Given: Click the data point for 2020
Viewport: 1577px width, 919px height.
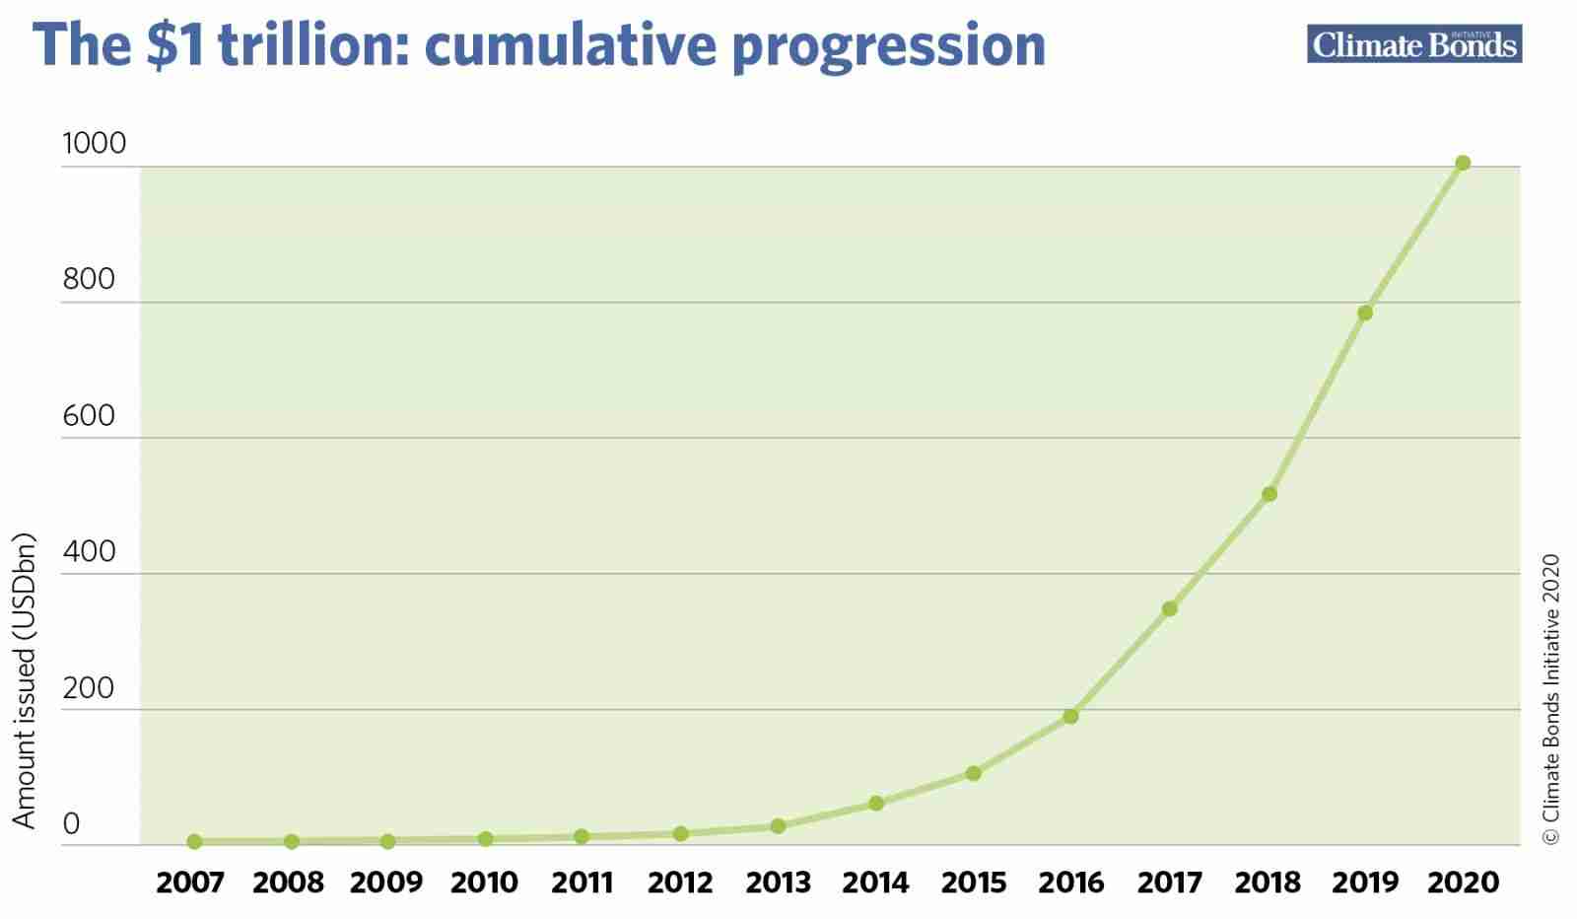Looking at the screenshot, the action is [x=1463, y=164].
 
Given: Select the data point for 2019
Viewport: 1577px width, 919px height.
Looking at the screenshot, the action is [x=1365, y=313].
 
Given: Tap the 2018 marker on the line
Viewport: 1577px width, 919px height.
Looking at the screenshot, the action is [x=1269, y=494].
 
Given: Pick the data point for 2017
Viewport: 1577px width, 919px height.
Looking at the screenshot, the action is [x=1169, y=608].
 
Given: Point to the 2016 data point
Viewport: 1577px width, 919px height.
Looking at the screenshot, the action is [x=1070, y=716].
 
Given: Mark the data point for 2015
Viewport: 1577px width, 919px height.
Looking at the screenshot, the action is [x=973, y=773].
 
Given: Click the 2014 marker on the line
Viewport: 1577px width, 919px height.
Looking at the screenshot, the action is [x=876, y=803].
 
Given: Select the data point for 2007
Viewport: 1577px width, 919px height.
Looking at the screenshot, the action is [x=195, y=841].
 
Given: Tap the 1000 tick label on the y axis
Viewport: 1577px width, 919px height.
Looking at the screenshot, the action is [x=95, y=143].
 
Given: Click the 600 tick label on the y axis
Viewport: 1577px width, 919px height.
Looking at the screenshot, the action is [x=89, y=415].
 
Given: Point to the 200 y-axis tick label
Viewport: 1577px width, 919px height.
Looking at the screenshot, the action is [x=89, y=688].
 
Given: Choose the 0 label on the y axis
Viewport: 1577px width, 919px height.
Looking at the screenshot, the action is [x=71, y=823].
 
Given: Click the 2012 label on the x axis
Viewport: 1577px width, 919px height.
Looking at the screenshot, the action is [x=680, y=883].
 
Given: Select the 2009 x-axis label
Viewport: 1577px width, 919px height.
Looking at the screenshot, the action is [x=386, y=883].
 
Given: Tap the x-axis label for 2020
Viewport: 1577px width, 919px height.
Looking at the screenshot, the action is [x=1463, y=883].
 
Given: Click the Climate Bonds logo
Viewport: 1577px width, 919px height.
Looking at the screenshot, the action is [x=1414, y=43].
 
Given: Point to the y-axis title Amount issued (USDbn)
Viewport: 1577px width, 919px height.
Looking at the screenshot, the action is [x=24, y=680].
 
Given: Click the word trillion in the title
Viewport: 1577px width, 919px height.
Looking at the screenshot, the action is [x=313, y=45].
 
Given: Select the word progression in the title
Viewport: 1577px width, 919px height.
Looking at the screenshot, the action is [x=889, y=48].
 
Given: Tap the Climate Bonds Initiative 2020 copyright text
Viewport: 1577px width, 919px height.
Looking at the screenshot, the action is [x=1551, y=698].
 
